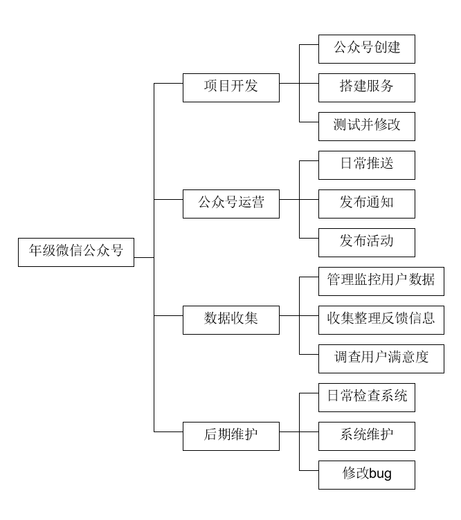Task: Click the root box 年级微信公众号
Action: point(76,252)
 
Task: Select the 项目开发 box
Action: point(231,87)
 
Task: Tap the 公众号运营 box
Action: point(231,204)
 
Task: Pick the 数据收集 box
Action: point(231,319)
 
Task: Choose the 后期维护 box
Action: point(231,436)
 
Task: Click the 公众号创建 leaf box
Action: point(367,49)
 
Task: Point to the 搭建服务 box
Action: point(367,87)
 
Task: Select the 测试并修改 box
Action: point(367,127)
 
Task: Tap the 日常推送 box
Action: point(367,165)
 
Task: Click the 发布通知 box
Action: point(367,204)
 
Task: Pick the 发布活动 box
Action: point(367,243)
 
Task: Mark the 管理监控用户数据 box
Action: point(381,281)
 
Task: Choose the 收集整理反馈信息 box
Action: point(381,319)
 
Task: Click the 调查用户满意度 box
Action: point(381,358)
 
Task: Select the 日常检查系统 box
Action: point(367,397)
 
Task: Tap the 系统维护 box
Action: point(367,436)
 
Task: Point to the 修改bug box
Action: point(367,474)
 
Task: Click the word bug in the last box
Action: point(381,475)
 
